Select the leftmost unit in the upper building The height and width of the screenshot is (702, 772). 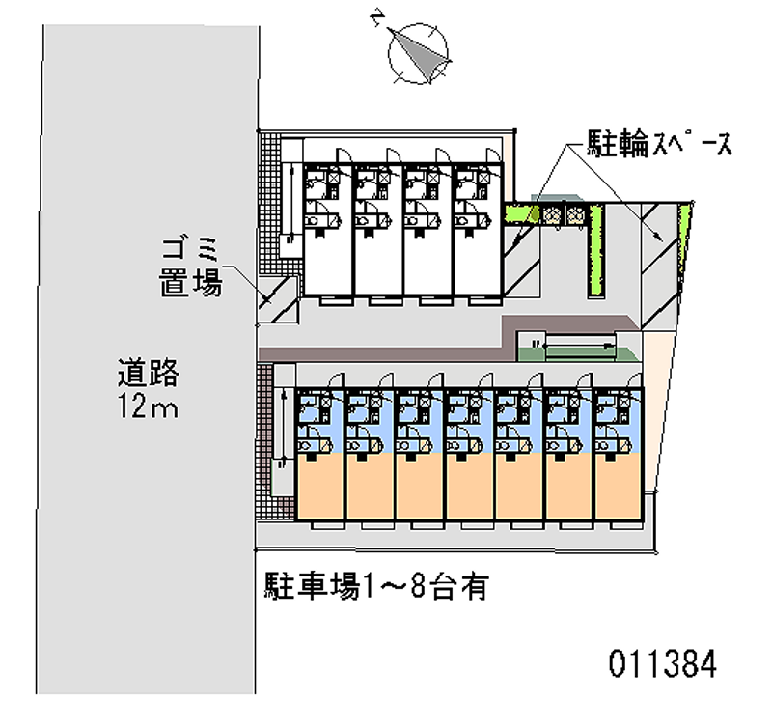click(x=326, y=232)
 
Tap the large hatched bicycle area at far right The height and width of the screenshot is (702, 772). click(x=656, y=261)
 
